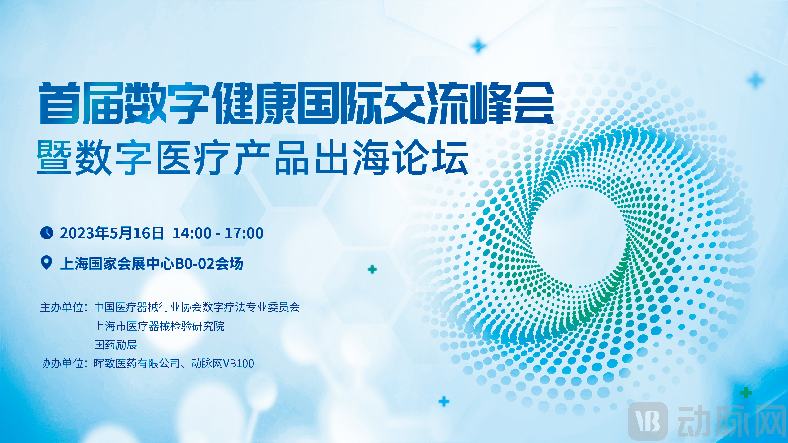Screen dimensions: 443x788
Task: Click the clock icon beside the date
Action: (x=47, y=233)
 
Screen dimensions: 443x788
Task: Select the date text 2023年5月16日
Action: (x=112, y=233)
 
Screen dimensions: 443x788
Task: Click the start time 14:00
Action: (x=192, y=233)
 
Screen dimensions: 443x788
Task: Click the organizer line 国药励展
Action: (x=115, y=345)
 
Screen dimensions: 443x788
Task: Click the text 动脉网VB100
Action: (x=222, y=364)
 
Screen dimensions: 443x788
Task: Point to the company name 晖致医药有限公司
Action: (x=137, y=364)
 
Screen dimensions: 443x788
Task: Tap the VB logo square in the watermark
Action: (x=648, y=421)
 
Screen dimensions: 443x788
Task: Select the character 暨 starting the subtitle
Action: (x=54, y=157)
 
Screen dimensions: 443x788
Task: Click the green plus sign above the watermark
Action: (x=746, y=393)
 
